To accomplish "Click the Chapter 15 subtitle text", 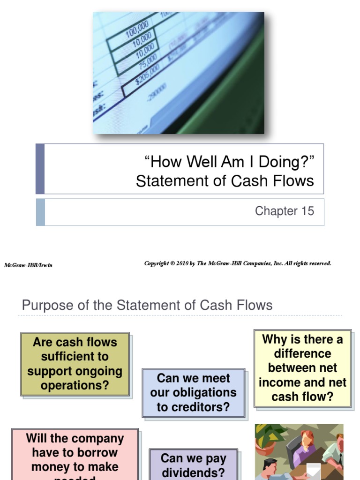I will pyautogui.click(x=284, y=211).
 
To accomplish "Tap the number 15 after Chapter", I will pyautogui.click(x=307, y=211).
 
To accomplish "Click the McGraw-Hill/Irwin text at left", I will pyautogui.click(x=28, y=265).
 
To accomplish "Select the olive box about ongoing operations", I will pyautogui.click(x=75, y=364).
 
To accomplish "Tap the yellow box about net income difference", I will pyautogui.click(x=302, y=368).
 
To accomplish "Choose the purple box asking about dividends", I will pyautogui.click(x=194, y=464).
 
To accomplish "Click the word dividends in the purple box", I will pyautogui.click(x=194, y=472).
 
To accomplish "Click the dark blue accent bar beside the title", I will pyautogui.click(x=40, y=169).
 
